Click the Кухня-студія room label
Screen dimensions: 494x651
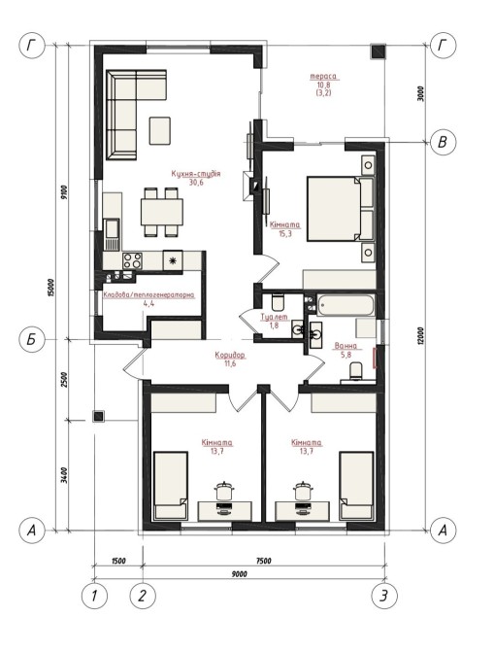196,174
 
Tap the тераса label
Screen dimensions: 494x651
323,77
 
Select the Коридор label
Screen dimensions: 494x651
230,356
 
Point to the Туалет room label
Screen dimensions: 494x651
274,317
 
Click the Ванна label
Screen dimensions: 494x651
346,346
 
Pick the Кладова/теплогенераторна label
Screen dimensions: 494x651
148,295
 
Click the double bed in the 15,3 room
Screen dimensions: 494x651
341,209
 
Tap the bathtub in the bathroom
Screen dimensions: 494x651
346,305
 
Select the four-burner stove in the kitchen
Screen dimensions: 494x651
132,260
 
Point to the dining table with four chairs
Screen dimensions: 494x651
162,212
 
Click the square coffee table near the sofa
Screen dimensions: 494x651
160,131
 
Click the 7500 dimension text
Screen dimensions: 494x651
263,561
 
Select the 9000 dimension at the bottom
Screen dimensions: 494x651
240,574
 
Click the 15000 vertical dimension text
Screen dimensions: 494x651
51,290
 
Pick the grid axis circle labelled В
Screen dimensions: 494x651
443,142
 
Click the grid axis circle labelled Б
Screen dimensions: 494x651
32,340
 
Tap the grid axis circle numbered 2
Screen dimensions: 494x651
143,597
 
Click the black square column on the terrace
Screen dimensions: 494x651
378,51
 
